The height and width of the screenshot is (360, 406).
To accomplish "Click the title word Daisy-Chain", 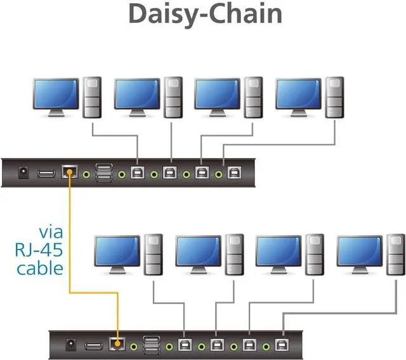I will pos(205,14).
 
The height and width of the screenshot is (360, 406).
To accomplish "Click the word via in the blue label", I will pos(49,229).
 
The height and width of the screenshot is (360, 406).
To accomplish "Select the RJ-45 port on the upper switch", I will pos(69,172).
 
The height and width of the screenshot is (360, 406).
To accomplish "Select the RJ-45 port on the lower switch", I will pos(117,345).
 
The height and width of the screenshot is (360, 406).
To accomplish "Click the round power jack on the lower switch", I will pos(72,345).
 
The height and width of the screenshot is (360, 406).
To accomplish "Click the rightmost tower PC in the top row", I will pos(334,97).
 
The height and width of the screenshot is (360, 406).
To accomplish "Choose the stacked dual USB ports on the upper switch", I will pos(104,172).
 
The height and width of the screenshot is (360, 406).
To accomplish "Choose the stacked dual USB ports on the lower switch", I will pos(152,345).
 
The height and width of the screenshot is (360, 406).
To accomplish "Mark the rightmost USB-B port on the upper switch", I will pos(234,172).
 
